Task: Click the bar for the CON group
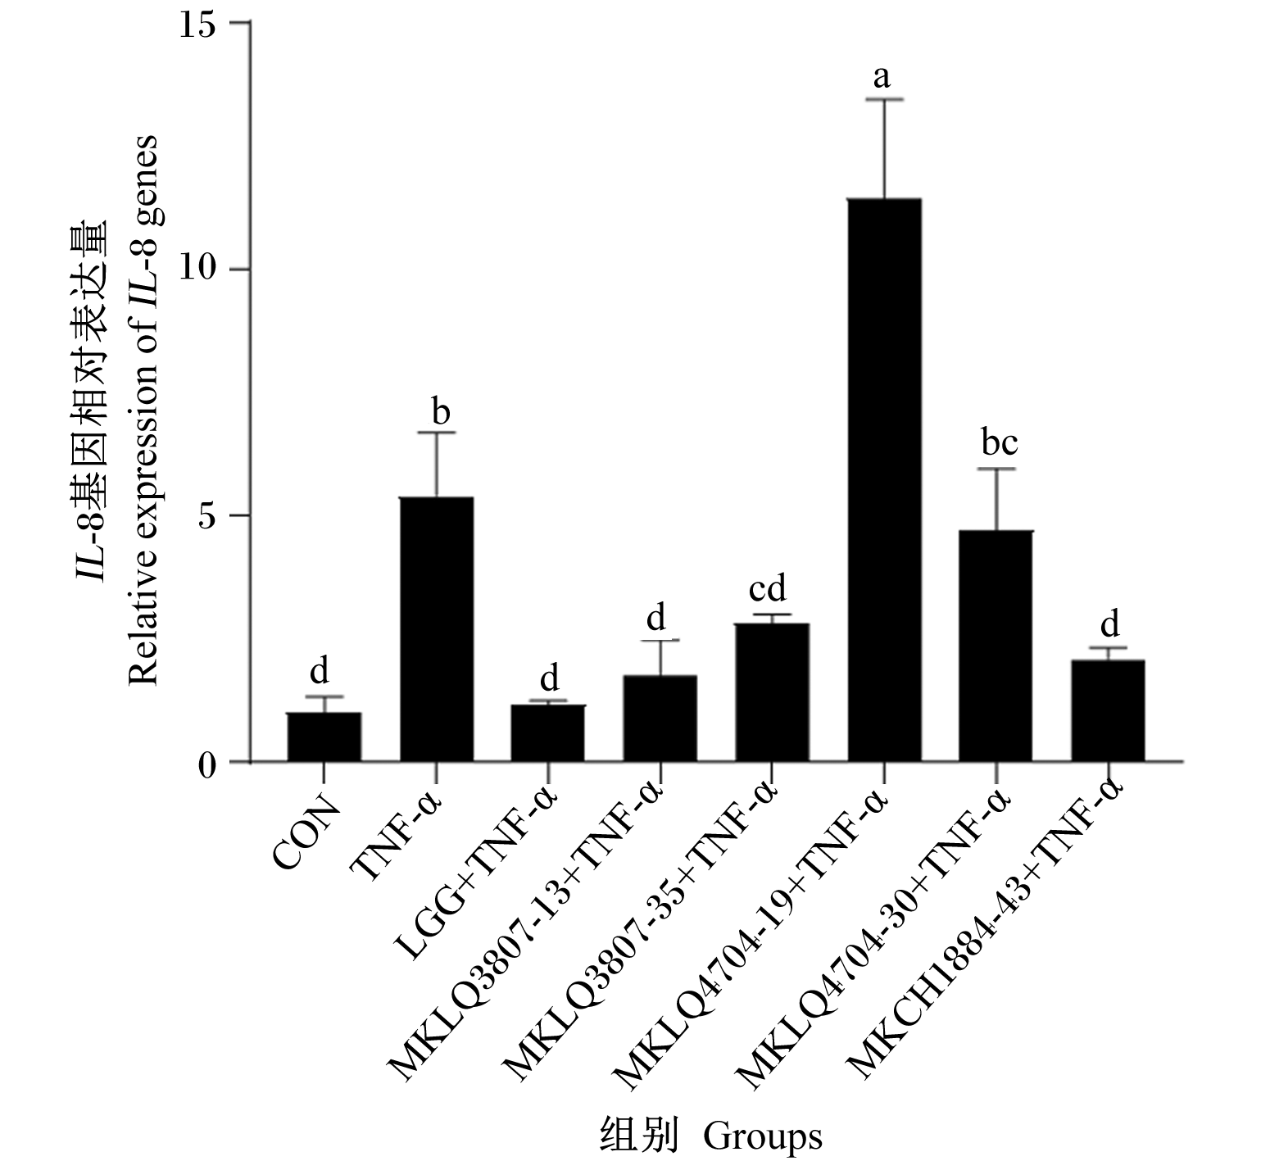point(324,737)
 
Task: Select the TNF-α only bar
point(436,629)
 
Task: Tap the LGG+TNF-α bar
point(547,733)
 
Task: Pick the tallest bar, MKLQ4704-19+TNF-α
point(884,480)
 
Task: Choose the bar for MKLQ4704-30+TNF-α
point(996,646)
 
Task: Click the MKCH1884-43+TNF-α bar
point(1108,711)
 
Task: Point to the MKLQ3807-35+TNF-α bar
point(772,692)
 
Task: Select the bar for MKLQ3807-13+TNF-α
point(660,719)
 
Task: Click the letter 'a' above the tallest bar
point(882,78)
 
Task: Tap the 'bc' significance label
point(1000,442)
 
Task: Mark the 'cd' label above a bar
point(768,588)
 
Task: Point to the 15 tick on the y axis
point(201,24)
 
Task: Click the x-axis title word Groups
point(762,1136)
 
